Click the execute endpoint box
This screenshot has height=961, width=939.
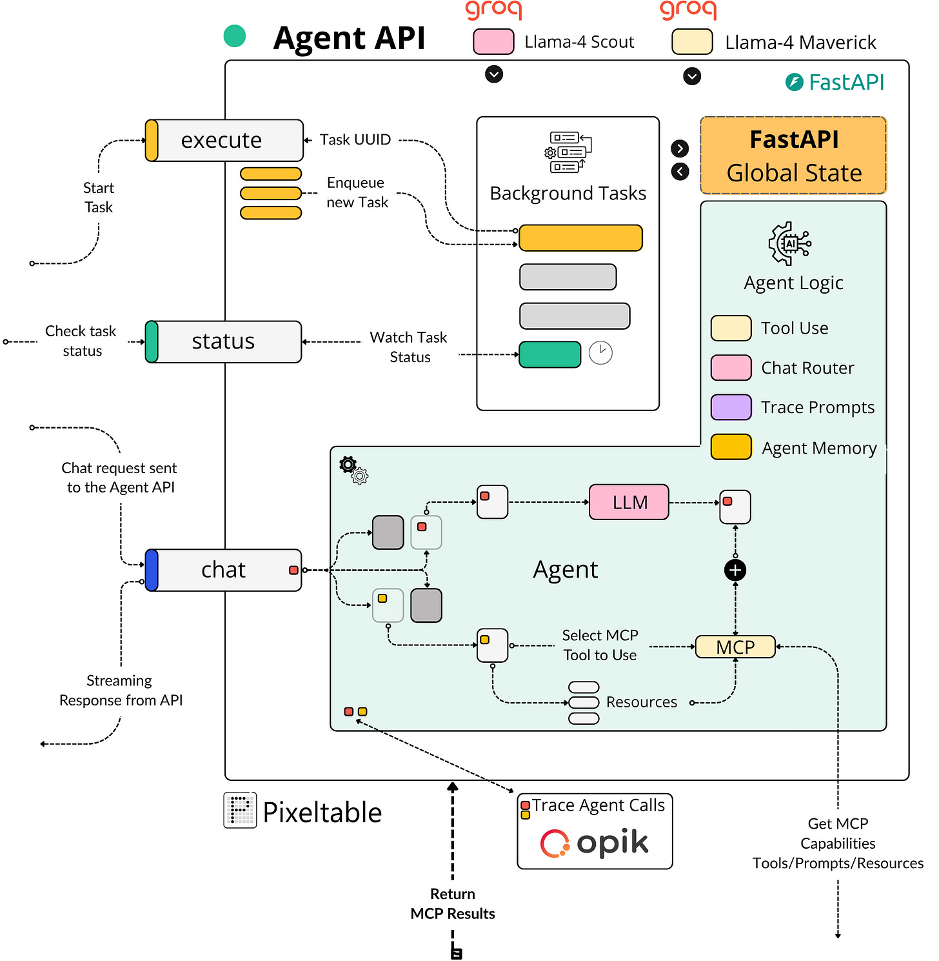(x=224, y=140)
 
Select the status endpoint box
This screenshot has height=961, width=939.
(x=223, y=341)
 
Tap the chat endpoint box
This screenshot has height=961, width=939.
(x=223, y=570)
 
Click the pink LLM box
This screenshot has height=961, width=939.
(x=629, y=501)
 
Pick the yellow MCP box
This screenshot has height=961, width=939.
(x=735, y=647)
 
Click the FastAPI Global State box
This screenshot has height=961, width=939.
(x=793, y=156)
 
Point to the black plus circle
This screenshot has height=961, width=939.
(x=735, y=571)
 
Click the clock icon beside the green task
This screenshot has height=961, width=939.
(x=600, y=353)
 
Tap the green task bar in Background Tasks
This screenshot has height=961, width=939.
(x=549, y=354)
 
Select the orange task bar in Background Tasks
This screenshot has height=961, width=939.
(x=581, y=238)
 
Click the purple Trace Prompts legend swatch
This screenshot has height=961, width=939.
(x=731, y=407)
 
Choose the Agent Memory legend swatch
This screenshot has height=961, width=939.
(x=731, y=447)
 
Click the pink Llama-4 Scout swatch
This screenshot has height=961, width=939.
(x=493, y=41)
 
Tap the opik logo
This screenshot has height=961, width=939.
(x=594, y=843)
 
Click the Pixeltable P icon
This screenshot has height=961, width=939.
(x=240, y=811)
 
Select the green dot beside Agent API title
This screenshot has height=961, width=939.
(x=234, y=36)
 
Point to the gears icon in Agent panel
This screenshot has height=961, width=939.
(x=353, y=470)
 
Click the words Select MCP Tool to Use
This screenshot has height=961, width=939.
(x=600, y=645)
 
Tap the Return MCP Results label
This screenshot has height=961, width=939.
(x=453, y=904)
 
